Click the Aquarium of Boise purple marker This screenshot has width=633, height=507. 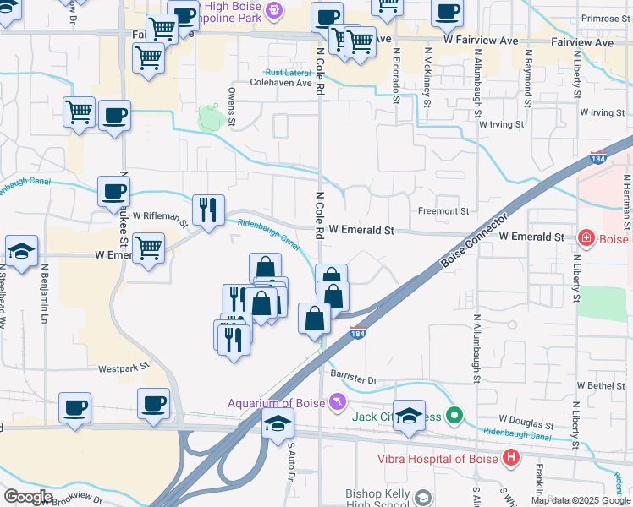338,401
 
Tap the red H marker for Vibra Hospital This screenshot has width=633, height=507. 511,459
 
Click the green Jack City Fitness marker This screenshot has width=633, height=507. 454,416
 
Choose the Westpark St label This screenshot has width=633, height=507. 123,368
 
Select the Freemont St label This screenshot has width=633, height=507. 443,211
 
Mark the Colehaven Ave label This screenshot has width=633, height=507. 281,84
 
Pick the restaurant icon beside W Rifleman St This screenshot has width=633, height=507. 207,209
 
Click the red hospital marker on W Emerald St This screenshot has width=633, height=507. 584,238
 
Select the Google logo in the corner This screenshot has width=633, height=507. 28,497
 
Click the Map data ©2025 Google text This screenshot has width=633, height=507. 580,500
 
